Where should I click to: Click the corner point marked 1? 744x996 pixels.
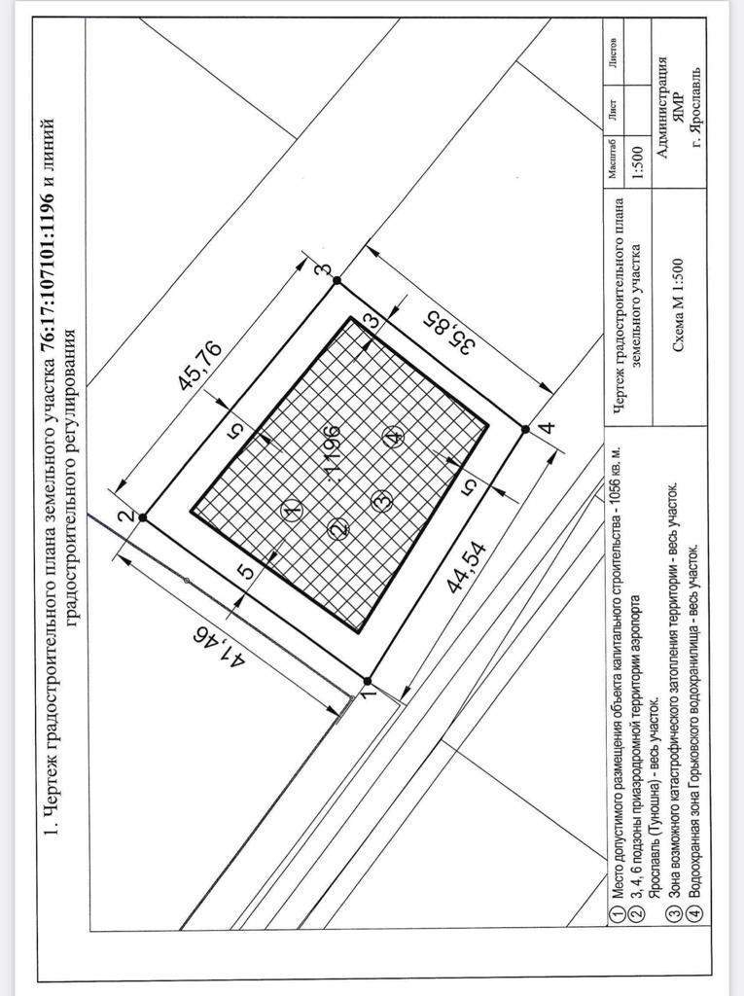[x=367, y=680]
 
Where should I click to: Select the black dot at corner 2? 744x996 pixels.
[x=143, y=517]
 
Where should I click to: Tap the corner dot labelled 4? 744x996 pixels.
[x=525, y=429]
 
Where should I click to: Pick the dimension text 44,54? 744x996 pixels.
[x=467, y=567]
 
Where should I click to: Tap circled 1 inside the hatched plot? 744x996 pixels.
[x=293, y=510]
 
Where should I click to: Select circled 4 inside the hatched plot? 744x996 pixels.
[x=393, y=437]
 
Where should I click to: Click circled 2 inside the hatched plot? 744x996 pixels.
[x=338, y=528]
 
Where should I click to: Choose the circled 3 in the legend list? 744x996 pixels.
[x=675, y=914]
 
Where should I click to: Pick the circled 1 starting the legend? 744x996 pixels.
[x=616, y=914]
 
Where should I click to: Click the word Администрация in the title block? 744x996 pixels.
[x=662, y=107]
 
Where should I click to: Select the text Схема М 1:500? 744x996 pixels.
[x=678, y=304]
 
